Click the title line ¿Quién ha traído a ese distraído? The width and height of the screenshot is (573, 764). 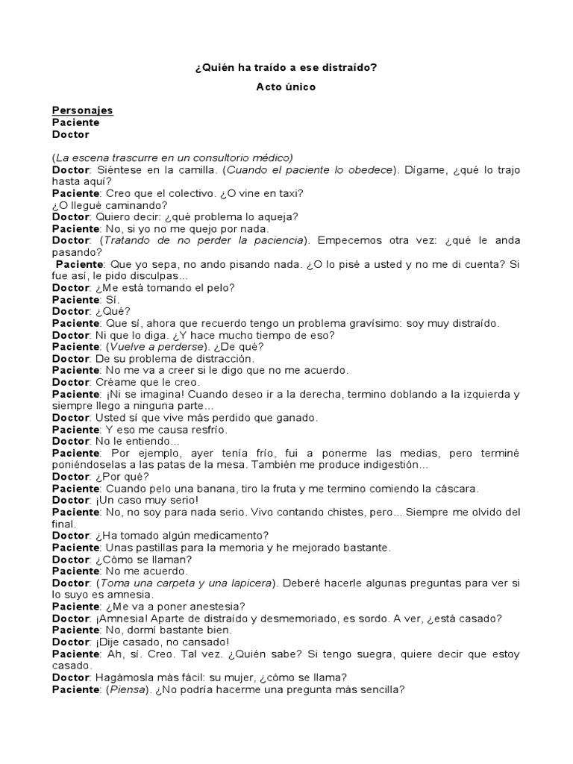[x=286, y=67]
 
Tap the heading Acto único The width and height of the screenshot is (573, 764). [x=286, y=87]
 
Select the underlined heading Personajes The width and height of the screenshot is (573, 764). [x=82, y=110]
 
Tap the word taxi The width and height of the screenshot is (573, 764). [x=292, y=193]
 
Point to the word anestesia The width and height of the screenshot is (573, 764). [x=217, y=607]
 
